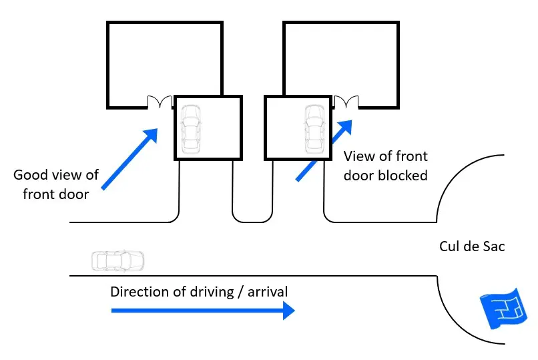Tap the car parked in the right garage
[x=313, y=128]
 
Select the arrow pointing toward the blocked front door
[x=324, y=150]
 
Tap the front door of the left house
[x=160, y=103]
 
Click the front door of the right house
[x=346, y=103]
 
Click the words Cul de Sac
[x=472, y=246]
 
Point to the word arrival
[x=267, y=292]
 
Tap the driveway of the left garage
[x=206, y=190]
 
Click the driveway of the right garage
[x=298, y=190]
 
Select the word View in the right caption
[x=358, y=157]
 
